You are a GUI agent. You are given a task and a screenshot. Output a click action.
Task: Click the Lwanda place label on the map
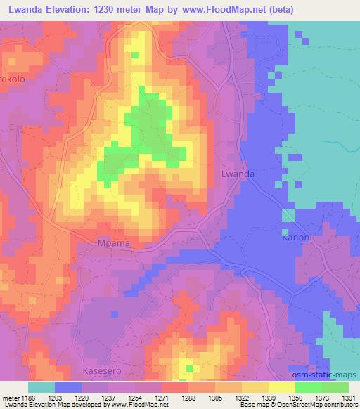[x=238, y=174]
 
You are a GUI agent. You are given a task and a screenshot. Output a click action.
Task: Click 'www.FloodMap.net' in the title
[x=224, y=9]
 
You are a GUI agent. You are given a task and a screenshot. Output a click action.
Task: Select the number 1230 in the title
[x=126, y=9]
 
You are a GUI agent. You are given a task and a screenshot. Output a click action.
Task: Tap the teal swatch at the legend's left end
[x=41, y=387]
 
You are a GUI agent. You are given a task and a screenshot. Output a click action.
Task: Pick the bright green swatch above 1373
[x=309, y=387]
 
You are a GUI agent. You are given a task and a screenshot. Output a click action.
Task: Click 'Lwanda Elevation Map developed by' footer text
[x=51, y=405]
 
